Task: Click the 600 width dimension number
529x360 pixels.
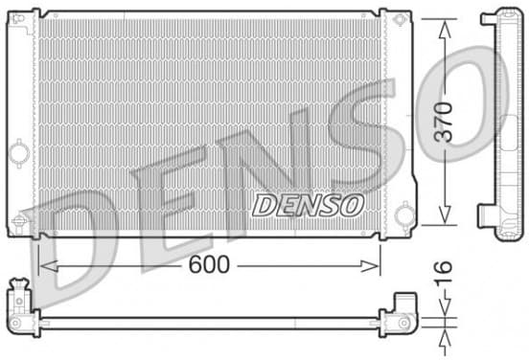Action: [209, 264]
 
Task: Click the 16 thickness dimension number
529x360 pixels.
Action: [443, 267]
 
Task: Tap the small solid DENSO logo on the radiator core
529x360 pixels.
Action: [308, 205]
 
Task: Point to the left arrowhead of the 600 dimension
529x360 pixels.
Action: [48, 266]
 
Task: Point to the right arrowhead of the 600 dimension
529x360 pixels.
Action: [370, 266]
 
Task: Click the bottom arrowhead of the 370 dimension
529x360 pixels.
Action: [445, 215]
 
